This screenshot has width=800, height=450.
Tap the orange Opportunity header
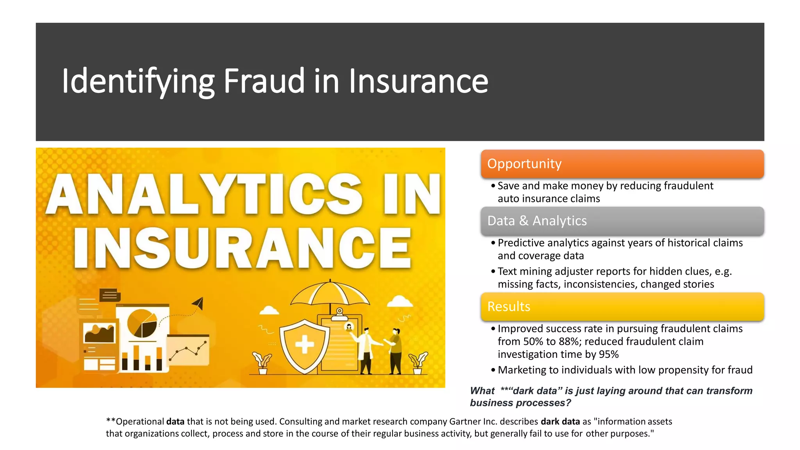click(x=622, y=164)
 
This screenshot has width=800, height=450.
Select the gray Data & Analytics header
click(x=622, y=221)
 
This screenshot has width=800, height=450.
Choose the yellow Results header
click(x=622, y=307)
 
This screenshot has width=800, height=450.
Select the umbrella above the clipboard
click(x=330, y=293)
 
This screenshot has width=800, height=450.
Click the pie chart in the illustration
click(x=142, y=323)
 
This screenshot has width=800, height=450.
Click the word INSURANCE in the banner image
click(x=242, y=248)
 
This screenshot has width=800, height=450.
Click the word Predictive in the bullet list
click(x=521, y=243)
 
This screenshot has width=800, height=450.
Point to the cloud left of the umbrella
click(x=269, y=311)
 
